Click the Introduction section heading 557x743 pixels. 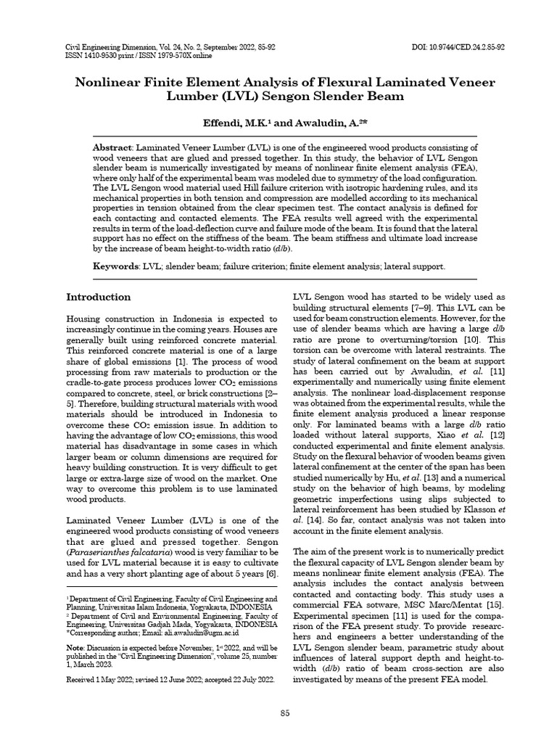99,297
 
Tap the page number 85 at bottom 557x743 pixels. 285,713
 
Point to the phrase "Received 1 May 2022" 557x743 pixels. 102,680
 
